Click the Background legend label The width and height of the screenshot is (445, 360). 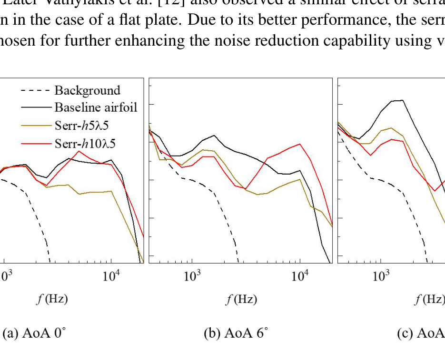click(87, 90)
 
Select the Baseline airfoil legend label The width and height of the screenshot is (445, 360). click(96, 107)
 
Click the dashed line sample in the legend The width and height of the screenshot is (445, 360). click(36, 90)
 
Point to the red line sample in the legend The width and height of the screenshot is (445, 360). click(36, 143)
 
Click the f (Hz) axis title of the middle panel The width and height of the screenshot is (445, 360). click(241, 299)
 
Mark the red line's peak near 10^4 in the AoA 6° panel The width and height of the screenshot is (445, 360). click(299, 144)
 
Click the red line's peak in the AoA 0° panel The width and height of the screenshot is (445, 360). click(79, 151)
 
